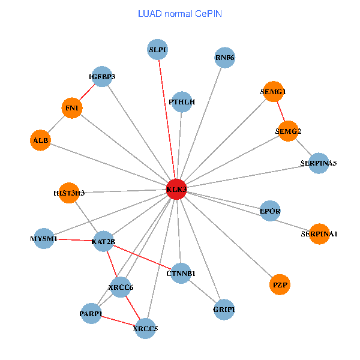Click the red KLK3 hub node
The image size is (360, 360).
click(176, 190)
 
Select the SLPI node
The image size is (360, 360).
click(158, 50)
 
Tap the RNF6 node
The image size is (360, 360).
click(224, 58)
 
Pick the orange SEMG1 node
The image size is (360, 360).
click(273, 92)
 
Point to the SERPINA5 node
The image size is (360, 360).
click(319, 163)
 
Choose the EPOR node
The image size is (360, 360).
click(270, 211)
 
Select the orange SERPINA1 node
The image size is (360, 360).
click(319, 234)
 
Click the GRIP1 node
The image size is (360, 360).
click(224, 310)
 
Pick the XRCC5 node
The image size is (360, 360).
click(145, 328)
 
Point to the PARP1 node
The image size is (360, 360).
click(91, 314)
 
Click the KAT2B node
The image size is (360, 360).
click(103, 242)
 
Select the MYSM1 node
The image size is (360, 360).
click(44, 239)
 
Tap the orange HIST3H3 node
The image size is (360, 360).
click(69, 193)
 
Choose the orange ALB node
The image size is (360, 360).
click(40, 140)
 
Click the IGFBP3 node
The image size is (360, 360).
click(102, 77)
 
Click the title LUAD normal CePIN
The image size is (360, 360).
click(179, 13)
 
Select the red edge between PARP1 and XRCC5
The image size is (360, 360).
click(118, 321)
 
